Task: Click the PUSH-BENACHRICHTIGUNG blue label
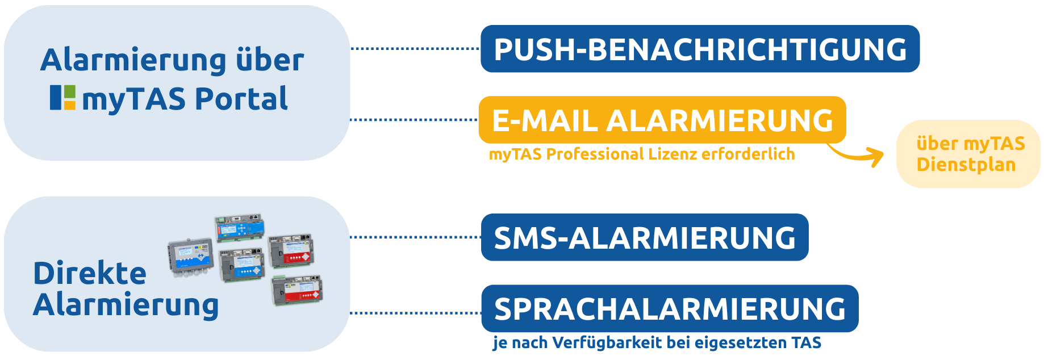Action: (x=700, y=49)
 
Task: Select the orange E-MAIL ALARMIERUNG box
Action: (x=662, y=120)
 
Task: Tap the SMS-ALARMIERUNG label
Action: (x=645, y=238)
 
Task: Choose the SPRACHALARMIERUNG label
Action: (x=670, y=309)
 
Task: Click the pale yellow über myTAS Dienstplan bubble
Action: (x=968, y=154)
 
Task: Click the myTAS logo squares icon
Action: (x=62, y=98)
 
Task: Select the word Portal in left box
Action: (x=241, y=99)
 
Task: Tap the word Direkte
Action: (x=90, y=274)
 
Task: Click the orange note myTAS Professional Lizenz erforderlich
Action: (x=642, y=154)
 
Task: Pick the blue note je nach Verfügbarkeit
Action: (x=657, y=343)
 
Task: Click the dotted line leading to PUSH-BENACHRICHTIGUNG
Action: (x=415, y=49)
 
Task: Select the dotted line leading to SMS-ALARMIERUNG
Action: (x=415, y=237)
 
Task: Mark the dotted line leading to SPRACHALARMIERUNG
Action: (x=415, y=313)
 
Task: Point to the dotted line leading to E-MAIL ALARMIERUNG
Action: (x=415, y=120)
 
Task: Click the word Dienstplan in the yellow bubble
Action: (x=966, y=165)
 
